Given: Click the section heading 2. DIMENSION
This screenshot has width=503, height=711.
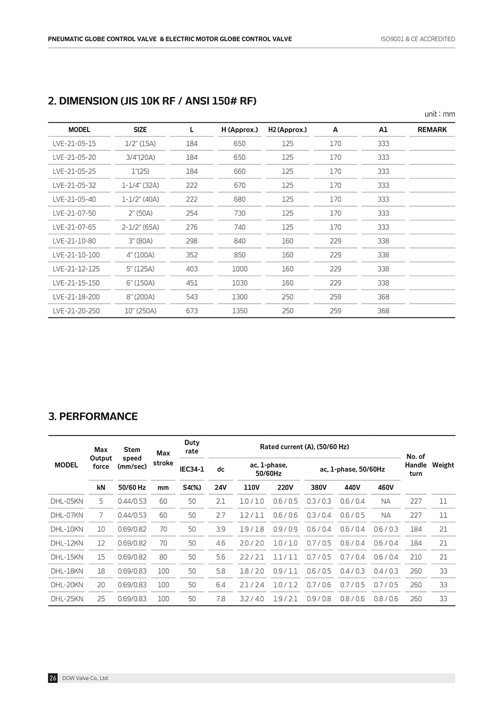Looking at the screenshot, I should click(x=152, y=101).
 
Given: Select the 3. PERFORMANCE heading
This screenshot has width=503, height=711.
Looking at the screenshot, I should click(x=93, y=416).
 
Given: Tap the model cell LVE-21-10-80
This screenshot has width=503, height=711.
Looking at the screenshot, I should click(x=74, y=241).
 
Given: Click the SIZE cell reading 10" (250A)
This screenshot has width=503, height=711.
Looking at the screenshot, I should click(x=140, y=311).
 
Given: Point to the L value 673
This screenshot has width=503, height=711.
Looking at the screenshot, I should click(x=192, y=311).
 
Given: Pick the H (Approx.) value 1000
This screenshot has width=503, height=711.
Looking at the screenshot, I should click(x=239, y=269).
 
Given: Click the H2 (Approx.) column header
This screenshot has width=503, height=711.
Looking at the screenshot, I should click(x=287, y=130).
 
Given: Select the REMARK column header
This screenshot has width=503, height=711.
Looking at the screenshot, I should click(x=432, y=130).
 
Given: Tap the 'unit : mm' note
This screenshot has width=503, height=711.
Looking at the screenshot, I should click(x=440, y=114).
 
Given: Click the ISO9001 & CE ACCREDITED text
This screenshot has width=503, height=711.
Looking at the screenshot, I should click(x=417, y=39).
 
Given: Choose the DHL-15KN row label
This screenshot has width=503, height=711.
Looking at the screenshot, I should click(x=67, y=557).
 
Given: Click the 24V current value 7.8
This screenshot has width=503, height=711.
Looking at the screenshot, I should click(x=220, y=599).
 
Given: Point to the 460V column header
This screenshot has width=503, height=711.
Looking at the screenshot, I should click(x=386, y=487).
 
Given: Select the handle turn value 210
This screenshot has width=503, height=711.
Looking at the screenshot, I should click(x=416, y=557).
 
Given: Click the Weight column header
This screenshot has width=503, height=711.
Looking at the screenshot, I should click(x=443, y=465).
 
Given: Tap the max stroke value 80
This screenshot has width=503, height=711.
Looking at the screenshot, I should click(x=163, y=557).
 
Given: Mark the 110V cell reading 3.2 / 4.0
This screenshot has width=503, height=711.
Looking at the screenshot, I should click(x=251, y=599).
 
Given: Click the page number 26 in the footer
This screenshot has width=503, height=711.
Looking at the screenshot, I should click(x=53, y=678).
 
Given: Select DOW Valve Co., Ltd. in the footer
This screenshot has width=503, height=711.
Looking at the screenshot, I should click(x=86, y=678).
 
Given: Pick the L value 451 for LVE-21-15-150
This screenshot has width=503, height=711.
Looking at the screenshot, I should click(x=192, y=283).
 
